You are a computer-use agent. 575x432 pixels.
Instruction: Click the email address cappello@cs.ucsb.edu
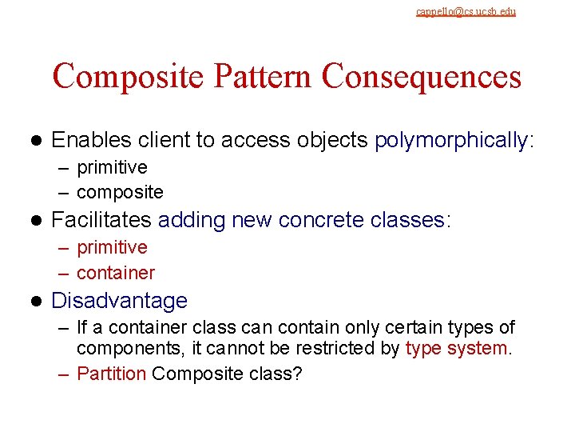click(466, 11)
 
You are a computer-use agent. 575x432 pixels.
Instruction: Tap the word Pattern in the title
click(253, 77)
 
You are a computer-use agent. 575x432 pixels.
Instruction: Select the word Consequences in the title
click(422, 77)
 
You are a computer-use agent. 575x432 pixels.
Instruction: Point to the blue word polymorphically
click(451, 141)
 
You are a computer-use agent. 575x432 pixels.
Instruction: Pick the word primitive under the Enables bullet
click(112, 167)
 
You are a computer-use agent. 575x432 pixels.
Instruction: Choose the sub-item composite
click(120, 192)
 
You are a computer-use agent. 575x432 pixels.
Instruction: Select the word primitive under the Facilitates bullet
click(112, 247)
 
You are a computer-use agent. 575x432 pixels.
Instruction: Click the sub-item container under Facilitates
click(116, 273)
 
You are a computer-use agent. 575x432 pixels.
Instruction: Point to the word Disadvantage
click(119, 301)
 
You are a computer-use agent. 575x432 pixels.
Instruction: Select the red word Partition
click(111, 374)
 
